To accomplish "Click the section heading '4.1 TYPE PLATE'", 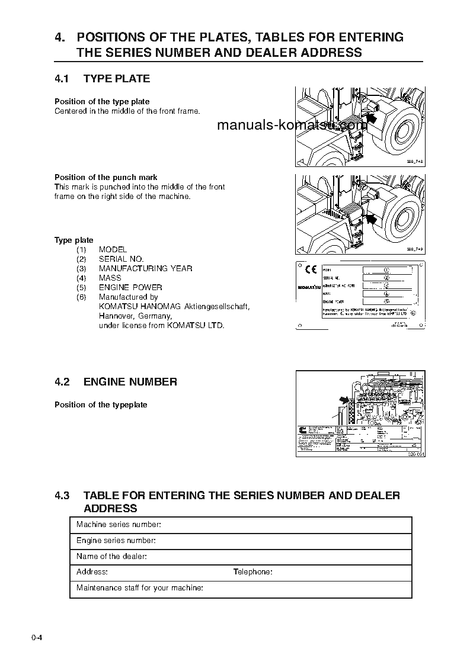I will (102, 79).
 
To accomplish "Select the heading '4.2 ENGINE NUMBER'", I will (116, 382).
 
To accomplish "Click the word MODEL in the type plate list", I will (113, 249).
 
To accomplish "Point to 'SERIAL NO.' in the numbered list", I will (121, 259).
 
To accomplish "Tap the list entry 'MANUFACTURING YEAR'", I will (145, 268).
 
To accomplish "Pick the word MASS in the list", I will (110, 278).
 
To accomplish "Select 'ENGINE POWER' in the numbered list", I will (130, 287).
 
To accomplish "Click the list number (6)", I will (81, 297).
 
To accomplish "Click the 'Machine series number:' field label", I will (119, 525).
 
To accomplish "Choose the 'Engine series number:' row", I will (116, 541).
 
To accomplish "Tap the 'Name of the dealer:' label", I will (111, 557).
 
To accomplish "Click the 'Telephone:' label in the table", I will (252, 572).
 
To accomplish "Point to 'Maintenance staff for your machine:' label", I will (140, 588).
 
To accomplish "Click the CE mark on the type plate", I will (311, 270).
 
